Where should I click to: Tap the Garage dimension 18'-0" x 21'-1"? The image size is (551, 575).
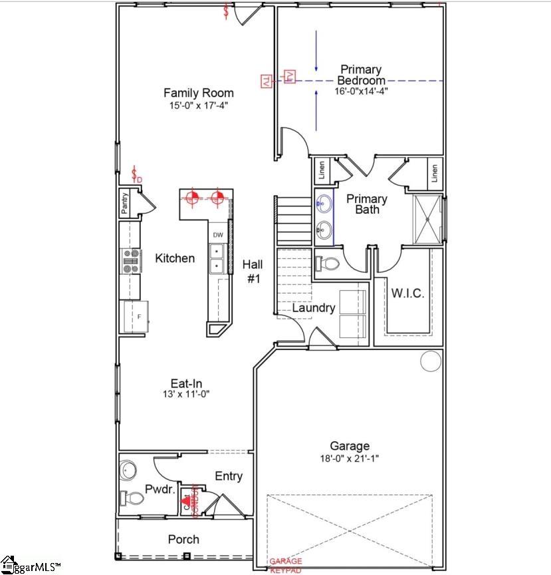pos(350,459)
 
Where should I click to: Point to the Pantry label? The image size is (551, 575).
pos(125,203)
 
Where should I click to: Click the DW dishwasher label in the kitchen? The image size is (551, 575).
pos(218,235)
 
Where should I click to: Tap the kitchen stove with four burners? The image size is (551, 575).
pos(130,260)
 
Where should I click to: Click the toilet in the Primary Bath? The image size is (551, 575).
pos(328,263)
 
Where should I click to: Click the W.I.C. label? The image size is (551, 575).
pos(407,293)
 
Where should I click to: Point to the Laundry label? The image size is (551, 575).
pos(314,308)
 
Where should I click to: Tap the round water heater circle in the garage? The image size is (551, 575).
pos(431,361)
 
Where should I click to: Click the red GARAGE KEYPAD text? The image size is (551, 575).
pos(285,566)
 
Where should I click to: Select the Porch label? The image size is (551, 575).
pos(183,539)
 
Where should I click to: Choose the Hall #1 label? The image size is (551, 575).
pos(253,272)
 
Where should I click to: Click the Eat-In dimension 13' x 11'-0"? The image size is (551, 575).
pos(186,394)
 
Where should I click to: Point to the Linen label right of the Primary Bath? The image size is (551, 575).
pos(435,173)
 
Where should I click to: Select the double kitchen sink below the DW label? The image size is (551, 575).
pos(217,260)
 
